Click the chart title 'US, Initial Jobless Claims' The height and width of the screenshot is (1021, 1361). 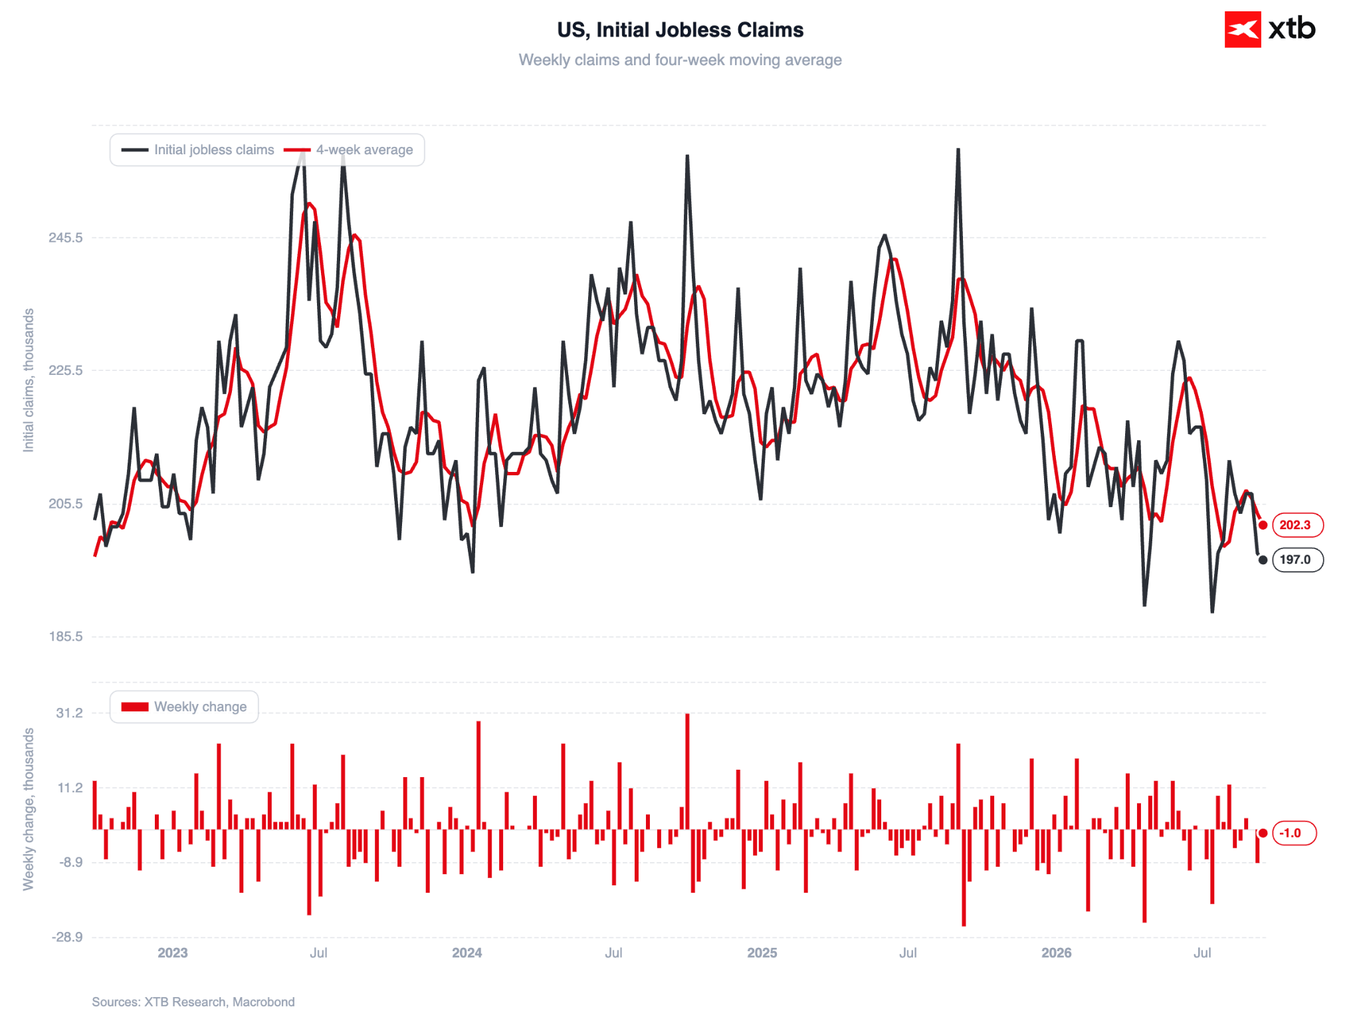[x=680, y=30]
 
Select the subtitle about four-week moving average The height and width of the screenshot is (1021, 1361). [x=680, y=60]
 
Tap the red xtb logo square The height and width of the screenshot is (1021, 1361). [x=1243, y=29]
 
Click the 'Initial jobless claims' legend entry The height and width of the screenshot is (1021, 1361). [x=197, y=150]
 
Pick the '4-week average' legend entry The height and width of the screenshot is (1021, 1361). [x=348, y=150]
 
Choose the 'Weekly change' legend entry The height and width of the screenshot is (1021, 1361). [x=184, y=707]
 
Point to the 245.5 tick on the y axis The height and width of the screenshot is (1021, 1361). [x=66, y=237]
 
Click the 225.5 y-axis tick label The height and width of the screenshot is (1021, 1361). [x=66, y=370]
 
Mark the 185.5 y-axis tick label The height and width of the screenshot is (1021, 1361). [x=66, y=636]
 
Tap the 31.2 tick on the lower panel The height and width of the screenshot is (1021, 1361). [x=69, y=713]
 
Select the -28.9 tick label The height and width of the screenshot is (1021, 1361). [x=67, y=937]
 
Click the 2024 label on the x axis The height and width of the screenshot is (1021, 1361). [x=467, y=953]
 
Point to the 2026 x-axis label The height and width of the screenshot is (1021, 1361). [x=1056, y=953]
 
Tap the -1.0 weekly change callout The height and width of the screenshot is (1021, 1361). [x=1293, y=833]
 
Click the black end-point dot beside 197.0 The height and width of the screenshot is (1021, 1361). [x=1263, y=560]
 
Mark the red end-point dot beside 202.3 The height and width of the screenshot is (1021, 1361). [x=1263, y=525]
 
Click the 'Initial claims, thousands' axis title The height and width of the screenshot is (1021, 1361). [x=29, y=380]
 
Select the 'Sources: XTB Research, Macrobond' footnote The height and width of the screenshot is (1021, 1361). [x=193, y=1002]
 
